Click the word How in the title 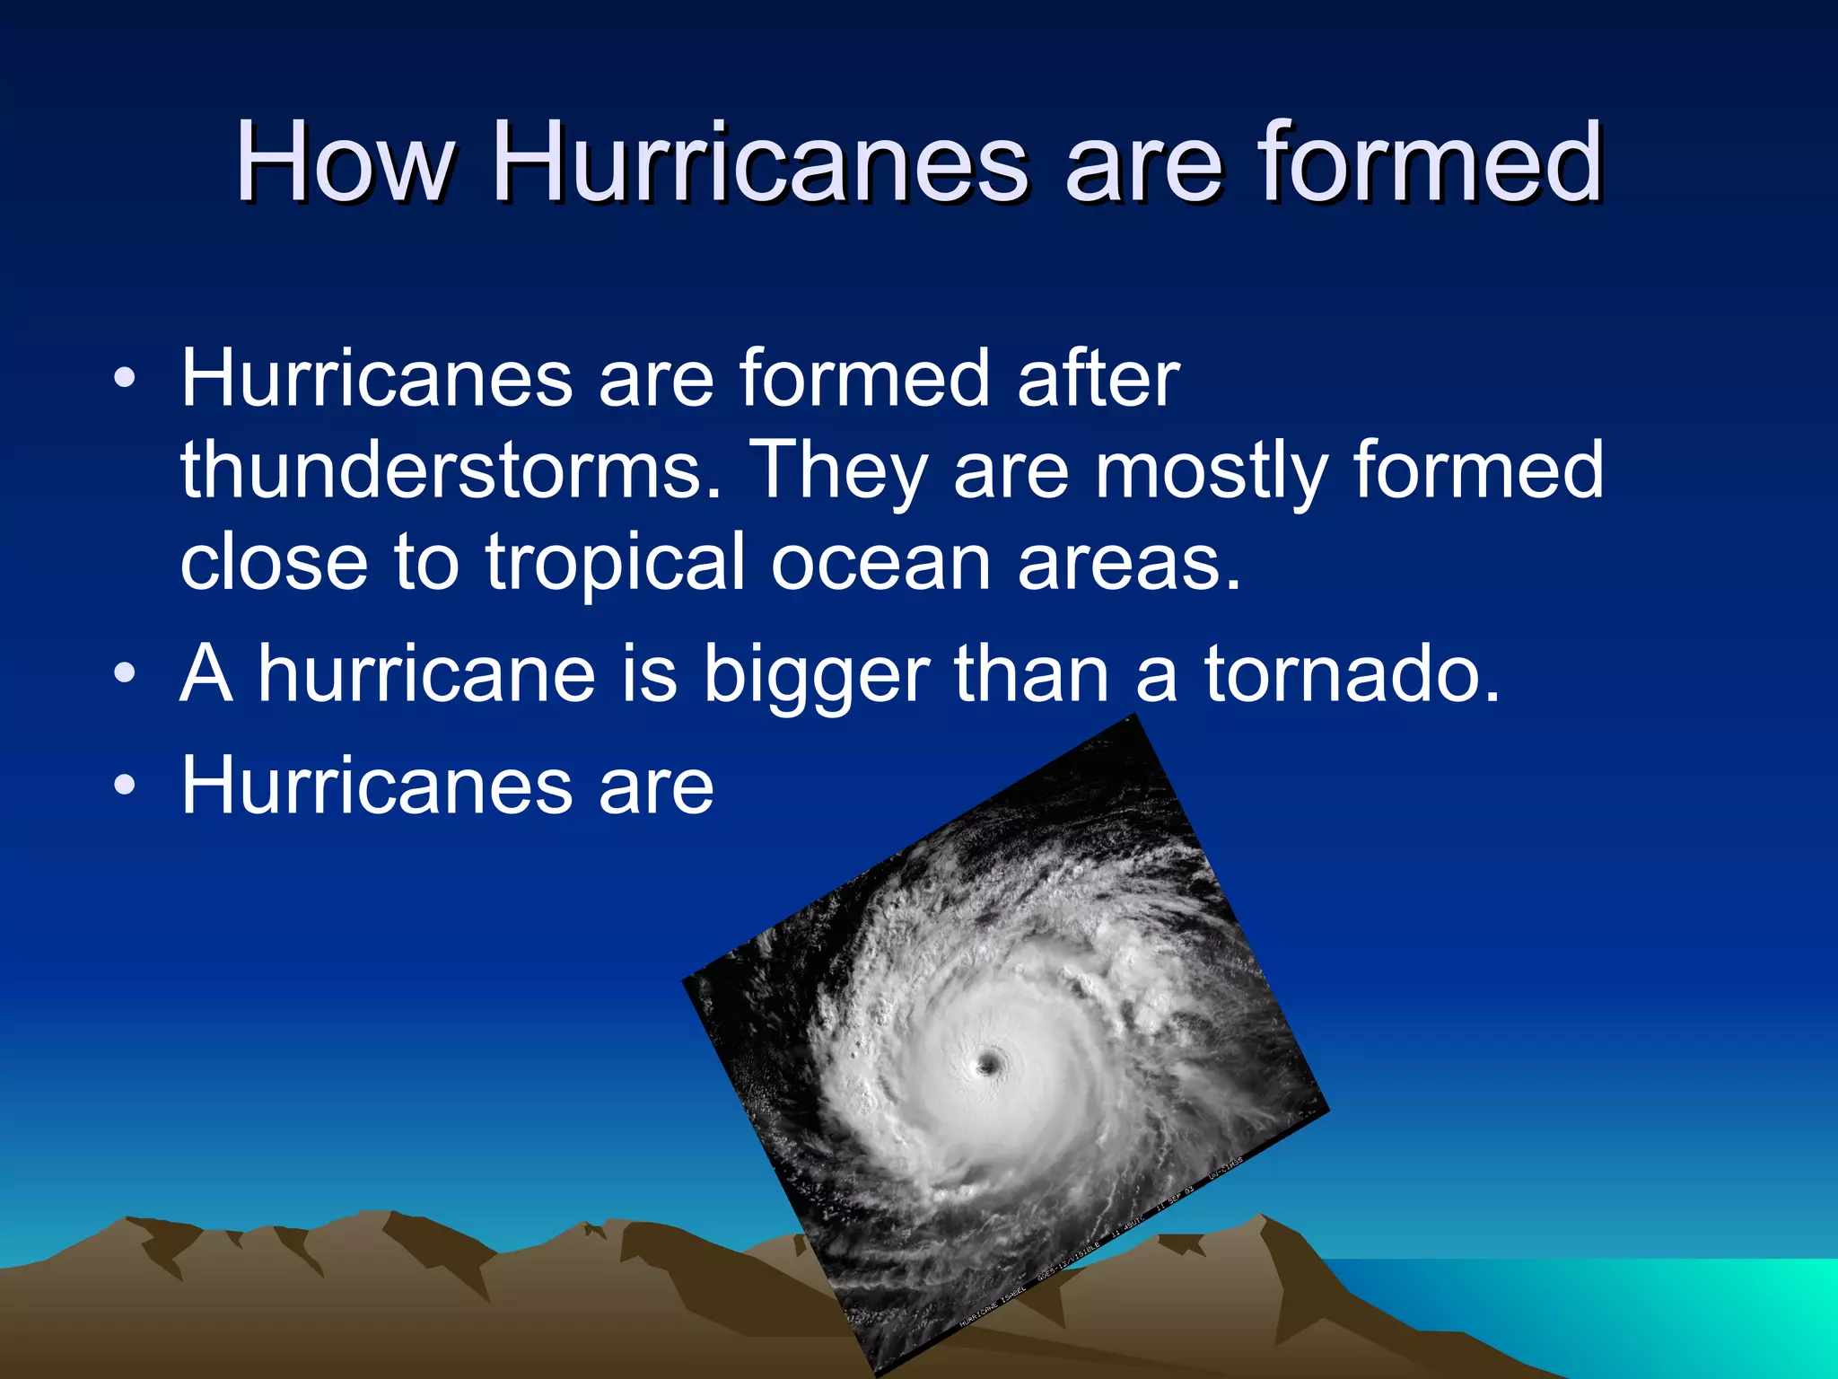point(344,163)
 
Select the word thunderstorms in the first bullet point(451,470)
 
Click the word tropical point(615,563)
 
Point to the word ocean point(880,563)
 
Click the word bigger point(816,675)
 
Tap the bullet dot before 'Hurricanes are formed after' point(125,379)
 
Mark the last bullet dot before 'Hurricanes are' point(125,786)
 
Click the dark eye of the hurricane point(989,1065)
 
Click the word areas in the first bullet point(1129,563)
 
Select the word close point(274,561)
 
